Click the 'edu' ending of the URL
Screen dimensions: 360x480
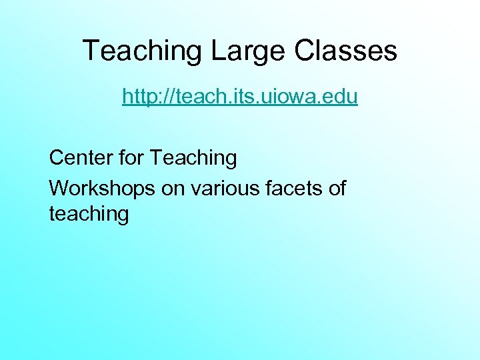[340, 97]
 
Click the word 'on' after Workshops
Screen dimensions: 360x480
[173, 189]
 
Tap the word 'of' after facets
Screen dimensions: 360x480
[337, 189]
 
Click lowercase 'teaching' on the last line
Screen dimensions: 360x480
[89, 215]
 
